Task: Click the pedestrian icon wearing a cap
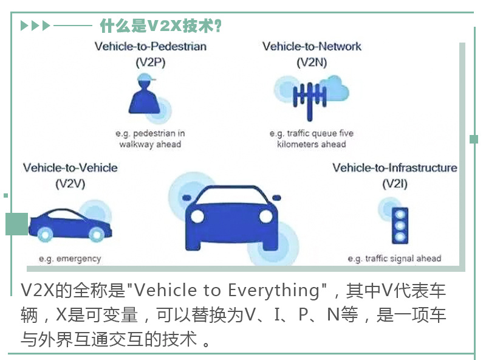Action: [x=145, y=95]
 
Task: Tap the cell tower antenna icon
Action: [x=310, y=98]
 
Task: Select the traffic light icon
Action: [x=400, y=226]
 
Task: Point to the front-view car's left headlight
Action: [x=197, y=216]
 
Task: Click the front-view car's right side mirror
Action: [x=276, y=198]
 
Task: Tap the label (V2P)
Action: [x=151, y=63]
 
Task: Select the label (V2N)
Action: [x=312, y=63]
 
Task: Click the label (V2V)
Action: [x=70, y=184]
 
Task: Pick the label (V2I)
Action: [x=395, y=184]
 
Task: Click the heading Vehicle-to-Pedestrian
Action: [x=151, y=47]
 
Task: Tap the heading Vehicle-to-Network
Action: [x=312, y=47]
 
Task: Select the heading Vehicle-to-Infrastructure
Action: [x=395, y=168]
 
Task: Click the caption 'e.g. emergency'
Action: [x=70, y=259]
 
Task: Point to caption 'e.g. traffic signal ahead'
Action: [x=394, y=258]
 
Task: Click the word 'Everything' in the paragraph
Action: [x=274, y=291]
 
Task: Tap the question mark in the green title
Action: [x=218, y=26]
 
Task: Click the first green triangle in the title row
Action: [x=24, y=26]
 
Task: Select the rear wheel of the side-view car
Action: [x=45, y=235]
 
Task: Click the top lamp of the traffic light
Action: [x=400, y=215]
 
